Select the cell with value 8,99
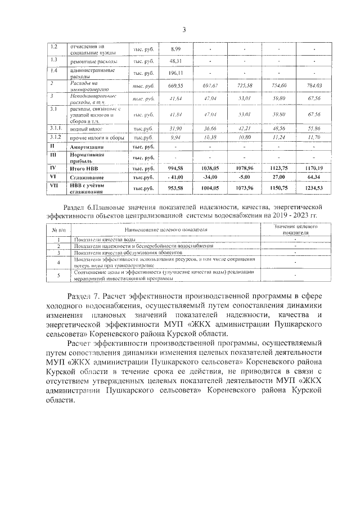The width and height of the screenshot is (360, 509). coord(175,49)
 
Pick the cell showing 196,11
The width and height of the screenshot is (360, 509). coord(175,73)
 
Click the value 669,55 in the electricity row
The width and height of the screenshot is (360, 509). coord(175,85)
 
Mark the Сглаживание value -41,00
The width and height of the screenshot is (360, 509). coord(175,177)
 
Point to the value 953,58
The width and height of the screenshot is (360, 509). coord(175,187)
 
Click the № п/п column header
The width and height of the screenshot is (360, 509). coord(58,230)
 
